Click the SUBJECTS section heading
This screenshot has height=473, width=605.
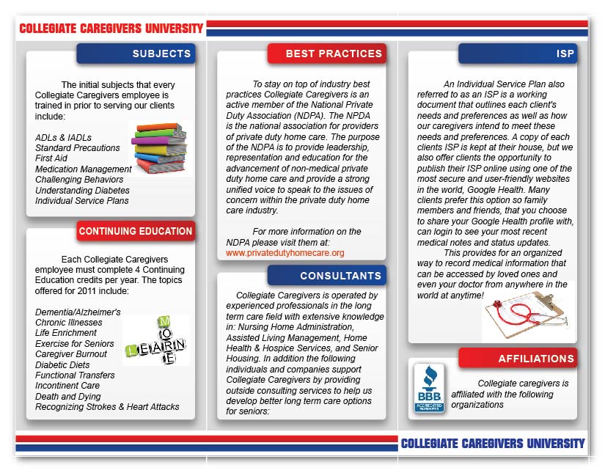pos(136,54)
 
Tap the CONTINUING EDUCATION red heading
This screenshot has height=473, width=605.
pos(136,232)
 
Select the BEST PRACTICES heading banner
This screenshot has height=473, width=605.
pos(326,54)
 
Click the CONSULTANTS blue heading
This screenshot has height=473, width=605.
pos(326,276)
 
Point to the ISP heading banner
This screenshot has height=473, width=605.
pos(517,54)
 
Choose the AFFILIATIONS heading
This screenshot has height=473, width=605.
pos(518,359)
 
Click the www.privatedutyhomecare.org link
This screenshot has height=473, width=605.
pos(285,253)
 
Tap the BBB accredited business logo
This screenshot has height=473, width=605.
pos(429,388)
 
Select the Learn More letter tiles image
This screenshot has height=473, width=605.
pos(157,340)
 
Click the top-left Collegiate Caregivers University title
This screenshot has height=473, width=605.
pos(111,29)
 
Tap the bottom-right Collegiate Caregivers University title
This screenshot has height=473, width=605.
pos(493,444)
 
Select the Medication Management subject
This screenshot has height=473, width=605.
pos(84,169)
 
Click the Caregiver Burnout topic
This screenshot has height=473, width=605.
pos(71,354)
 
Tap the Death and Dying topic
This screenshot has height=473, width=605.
pos(67,396)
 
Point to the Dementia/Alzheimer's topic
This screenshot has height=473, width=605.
pos(78,312)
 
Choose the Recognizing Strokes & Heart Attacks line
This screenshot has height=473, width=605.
pos(107,407)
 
